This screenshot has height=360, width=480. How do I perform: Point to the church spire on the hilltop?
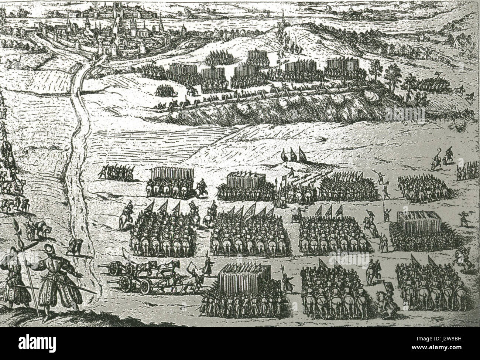282,18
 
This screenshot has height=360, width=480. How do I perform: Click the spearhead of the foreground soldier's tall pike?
16,225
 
